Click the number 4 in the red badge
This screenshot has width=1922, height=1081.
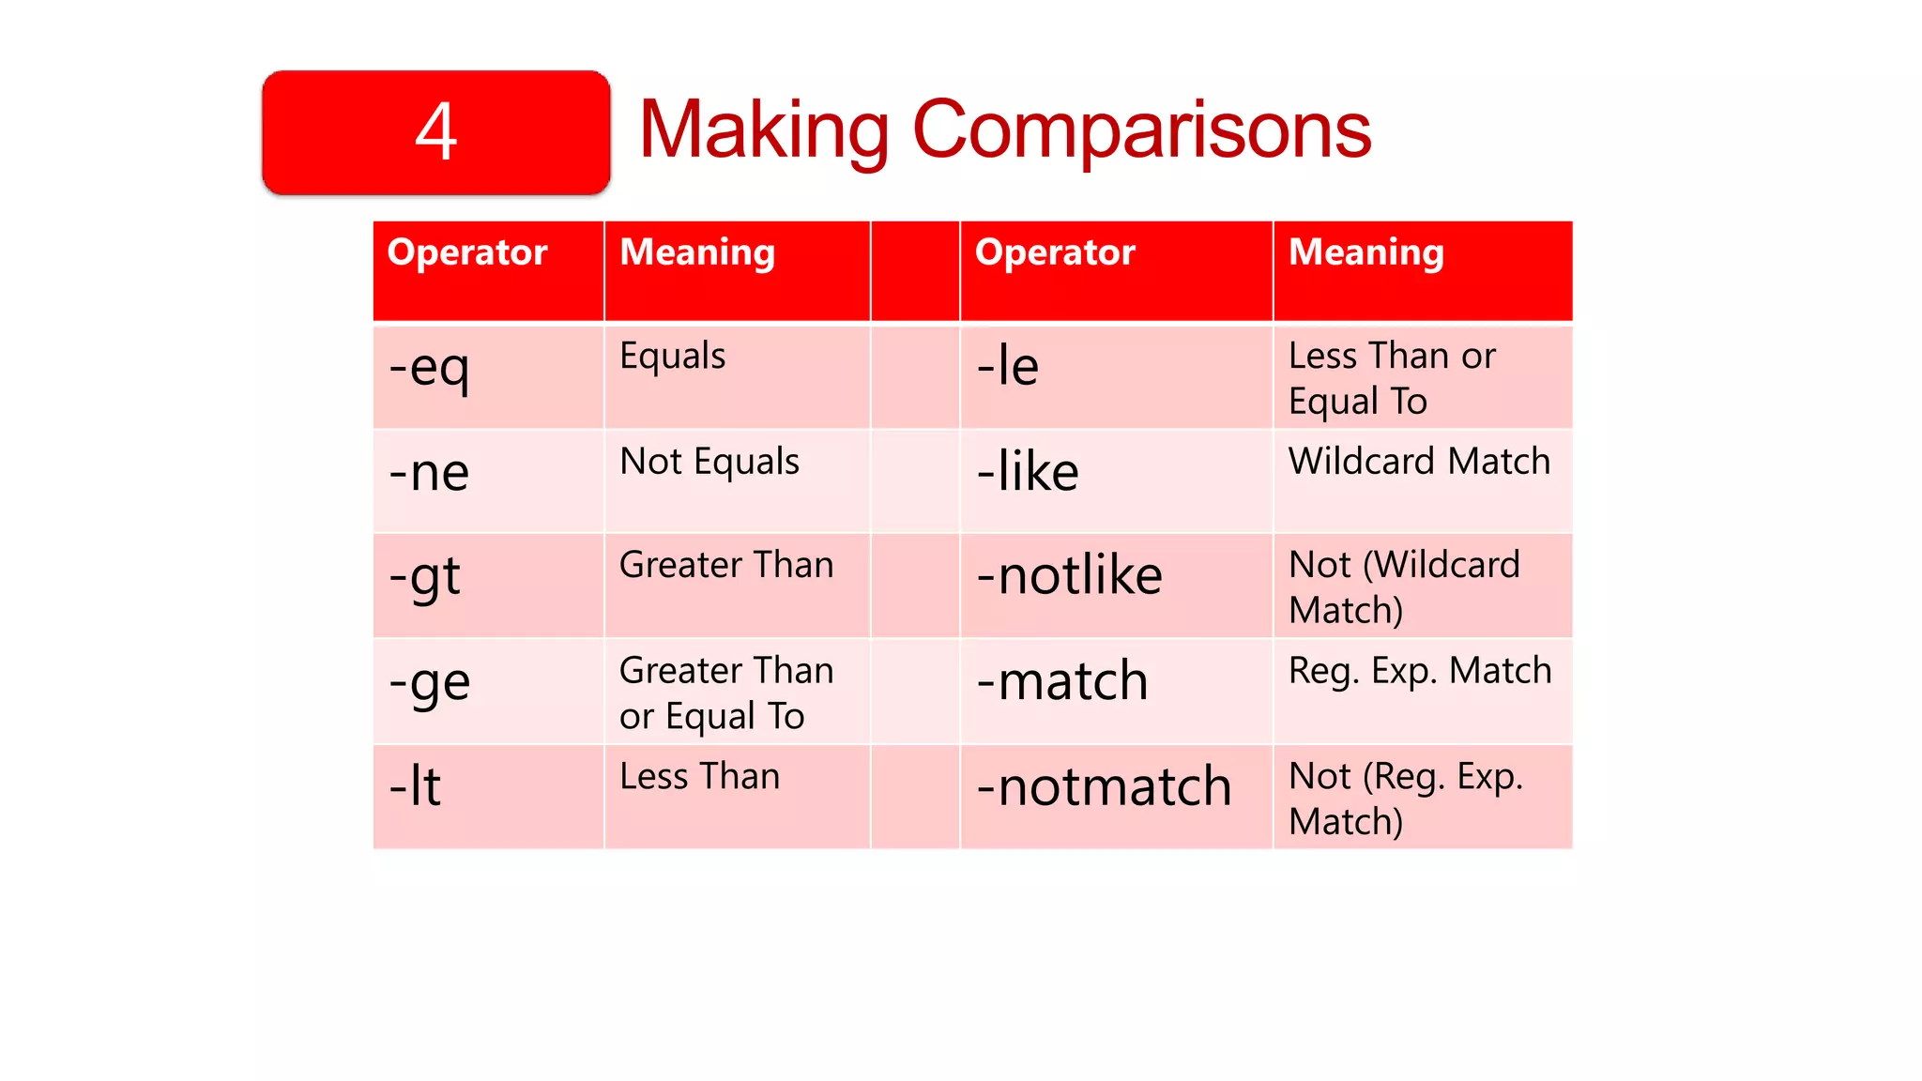pos(436,132)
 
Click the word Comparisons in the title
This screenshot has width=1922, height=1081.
pos(1141,130)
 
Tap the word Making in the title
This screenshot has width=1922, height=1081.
pos(763,130)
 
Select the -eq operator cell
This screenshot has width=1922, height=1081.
pos(429,367)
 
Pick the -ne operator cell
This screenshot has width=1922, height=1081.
pos(429,472)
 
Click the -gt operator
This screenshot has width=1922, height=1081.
pos(425,577)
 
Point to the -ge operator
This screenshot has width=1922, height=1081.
pos(429,682)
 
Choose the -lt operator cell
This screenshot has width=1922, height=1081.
pos(415,786)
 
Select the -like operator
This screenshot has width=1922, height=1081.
pos(1028,471)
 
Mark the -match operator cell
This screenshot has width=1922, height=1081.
pos(1062,681)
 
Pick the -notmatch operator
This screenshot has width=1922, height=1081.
pos(1104,786)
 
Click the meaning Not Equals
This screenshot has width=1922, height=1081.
pos(709,462)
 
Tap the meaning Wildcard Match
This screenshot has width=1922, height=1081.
pos(1419,462)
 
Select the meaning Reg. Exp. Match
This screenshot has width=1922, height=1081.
pos(1420,671)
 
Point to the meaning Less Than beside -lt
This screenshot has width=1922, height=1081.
pos(699,777)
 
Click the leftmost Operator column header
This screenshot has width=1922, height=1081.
pos(467,252)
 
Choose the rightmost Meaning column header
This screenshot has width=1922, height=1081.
pos(1365,252)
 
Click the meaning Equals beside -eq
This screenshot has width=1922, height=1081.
pos(673,357)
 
